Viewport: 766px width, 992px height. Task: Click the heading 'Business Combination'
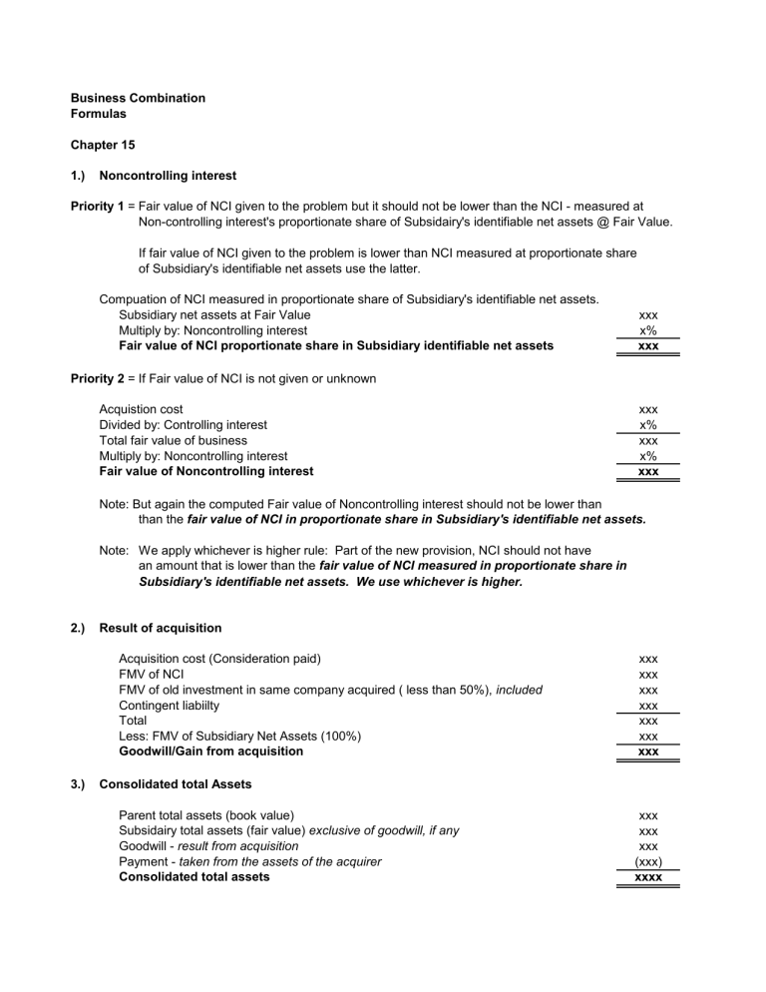pos(138,98)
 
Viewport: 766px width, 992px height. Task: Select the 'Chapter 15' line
pos(103,145)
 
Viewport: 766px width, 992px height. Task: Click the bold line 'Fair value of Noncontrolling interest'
pos(206,470)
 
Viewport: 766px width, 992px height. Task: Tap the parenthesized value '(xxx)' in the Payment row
pos(647,861)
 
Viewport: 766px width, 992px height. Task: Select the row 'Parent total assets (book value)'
pos(206,815)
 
